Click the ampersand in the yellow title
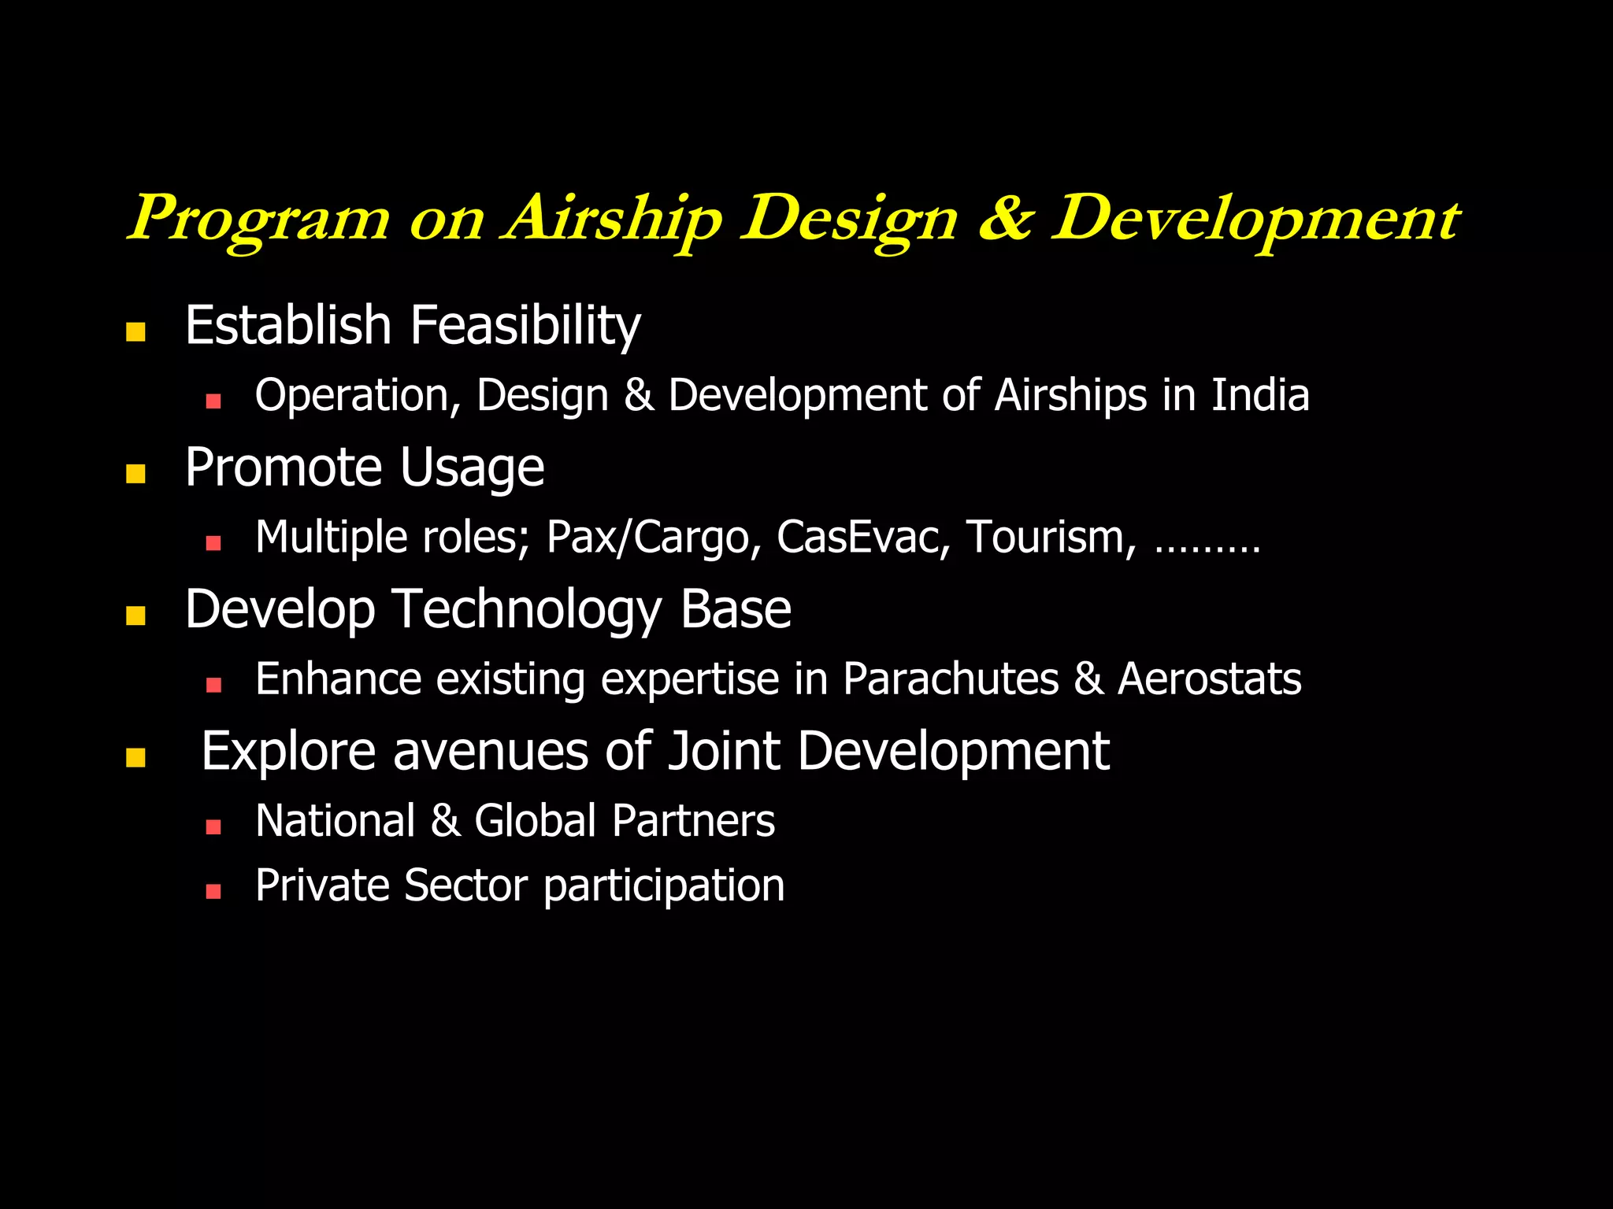coord(1004,219)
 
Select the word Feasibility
coord(525,326)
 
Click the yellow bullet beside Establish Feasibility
coord(135,331)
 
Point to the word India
coord(1259,395)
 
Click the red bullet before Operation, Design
coord(213,401)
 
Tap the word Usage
coord(472,468)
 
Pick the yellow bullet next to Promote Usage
coord(135,473)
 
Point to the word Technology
coord(527,611)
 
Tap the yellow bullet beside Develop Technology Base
coord(135,615)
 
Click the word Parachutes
coord(951,679)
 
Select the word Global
coord(535,822)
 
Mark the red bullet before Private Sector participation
coord(213,891)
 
